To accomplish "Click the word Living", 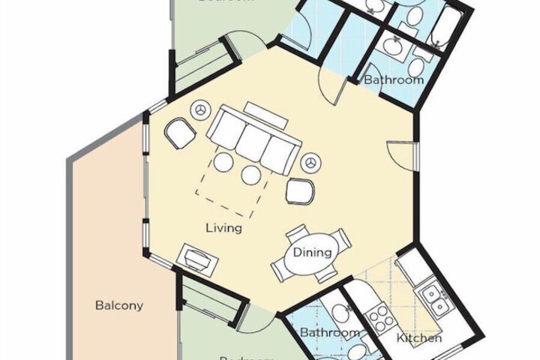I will point(225,227).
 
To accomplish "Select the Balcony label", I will point(118,305).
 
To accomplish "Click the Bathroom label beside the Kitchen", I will point(329,331).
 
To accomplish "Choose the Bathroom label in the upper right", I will point(394,79).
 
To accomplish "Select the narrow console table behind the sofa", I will point(264,114).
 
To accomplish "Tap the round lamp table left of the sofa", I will point(201,110).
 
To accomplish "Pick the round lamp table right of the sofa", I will point(311,161).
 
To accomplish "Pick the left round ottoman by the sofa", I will point(223,162).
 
